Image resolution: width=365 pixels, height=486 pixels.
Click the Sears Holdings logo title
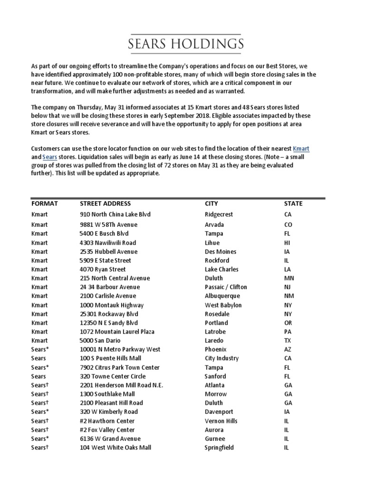(186, 45)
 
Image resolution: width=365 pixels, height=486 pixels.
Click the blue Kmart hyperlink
(301, 149)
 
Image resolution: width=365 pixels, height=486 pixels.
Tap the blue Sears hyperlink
(49, 157)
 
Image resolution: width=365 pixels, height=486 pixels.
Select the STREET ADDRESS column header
(105, 204)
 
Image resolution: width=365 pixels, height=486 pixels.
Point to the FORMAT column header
(45, 204)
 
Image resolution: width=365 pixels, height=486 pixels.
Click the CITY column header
(211, 204)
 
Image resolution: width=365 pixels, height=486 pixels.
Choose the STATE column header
(293, 204)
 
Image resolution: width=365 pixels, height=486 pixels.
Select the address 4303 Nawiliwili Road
(108, 243)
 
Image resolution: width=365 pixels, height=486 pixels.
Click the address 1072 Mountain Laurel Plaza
(117, 332)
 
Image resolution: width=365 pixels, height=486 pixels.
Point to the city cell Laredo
(214, 341)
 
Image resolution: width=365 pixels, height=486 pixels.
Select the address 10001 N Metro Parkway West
(120, 350)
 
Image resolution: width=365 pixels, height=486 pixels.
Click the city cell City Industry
(221, 358)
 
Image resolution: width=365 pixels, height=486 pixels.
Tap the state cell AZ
(288, 350)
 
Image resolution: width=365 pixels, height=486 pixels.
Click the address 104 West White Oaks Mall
(115, 448)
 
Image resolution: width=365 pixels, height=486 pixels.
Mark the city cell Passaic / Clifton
(226, 287)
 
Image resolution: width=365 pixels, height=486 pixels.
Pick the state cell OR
(288, 323)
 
